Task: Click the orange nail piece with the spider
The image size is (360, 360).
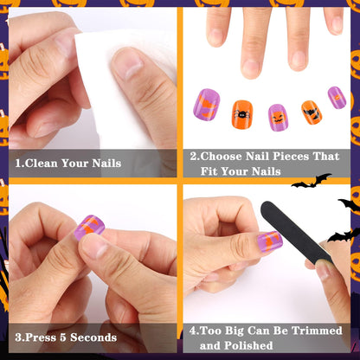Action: point(241,112)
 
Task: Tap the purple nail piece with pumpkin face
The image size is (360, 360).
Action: point(279,116)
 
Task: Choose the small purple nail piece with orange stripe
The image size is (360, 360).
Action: point(337,97)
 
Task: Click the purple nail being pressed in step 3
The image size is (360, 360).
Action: point(89,228)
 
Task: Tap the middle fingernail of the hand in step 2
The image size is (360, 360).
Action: point(252,64)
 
